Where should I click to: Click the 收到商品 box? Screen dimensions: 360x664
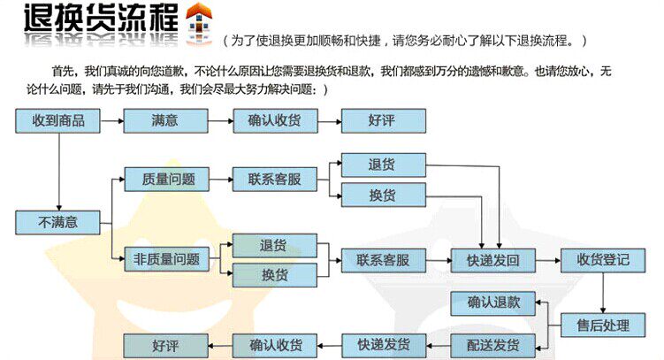[57, 121]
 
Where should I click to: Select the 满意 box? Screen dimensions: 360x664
[164, 121]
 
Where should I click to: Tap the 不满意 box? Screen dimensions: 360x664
[57, 221]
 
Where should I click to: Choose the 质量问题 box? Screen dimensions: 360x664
[164, 180]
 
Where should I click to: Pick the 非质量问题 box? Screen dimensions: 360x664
[164, 260]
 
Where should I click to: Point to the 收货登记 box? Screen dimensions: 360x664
[603, 260]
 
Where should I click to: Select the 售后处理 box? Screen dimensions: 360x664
[603, 326]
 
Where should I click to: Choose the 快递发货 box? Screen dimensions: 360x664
[383, 345]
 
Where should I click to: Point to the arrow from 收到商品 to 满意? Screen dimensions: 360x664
[111, 121]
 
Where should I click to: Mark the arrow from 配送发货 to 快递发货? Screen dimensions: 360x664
[439, 345]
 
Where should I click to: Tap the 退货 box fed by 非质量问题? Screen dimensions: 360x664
[274, 245]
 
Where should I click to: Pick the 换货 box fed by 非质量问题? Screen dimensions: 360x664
[274, 275]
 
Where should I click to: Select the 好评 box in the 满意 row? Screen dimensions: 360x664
[383, 121]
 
